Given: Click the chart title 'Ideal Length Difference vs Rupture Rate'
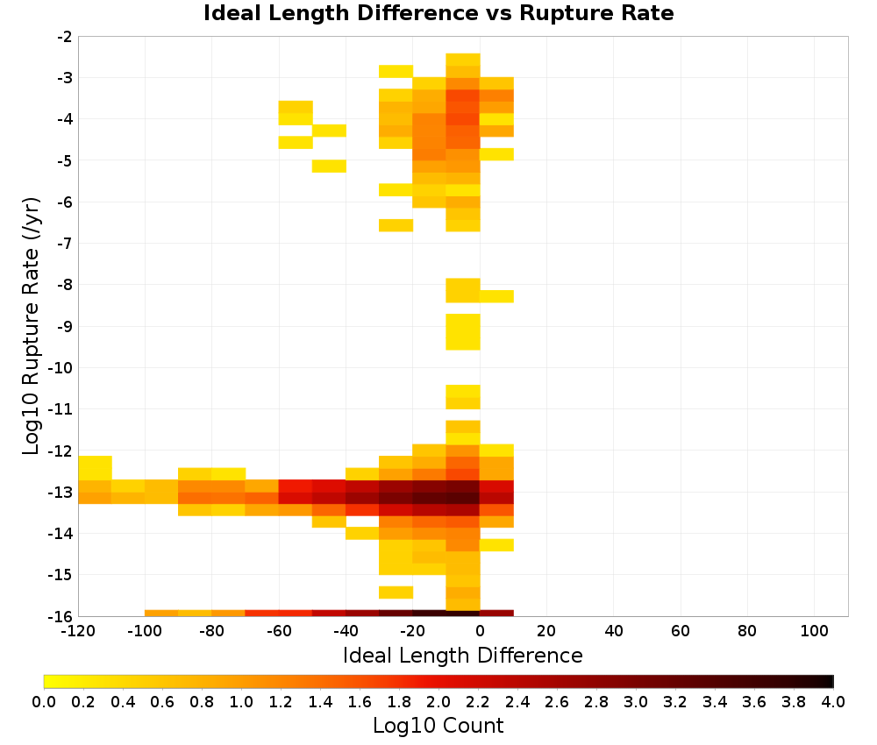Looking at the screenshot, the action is click(x=438, y=13).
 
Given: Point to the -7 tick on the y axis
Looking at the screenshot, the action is click(x=65, y=243).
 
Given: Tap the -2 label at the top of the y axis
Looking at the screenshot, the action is click(x=65, y=37).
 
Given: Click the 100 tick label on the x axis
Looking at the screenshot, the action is click(x=814, y=631).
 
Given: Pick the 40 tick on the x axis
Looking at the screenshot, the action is click(x=614, y=631).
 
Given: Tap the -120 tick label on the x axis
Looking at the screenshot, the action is click(x=78, y=631).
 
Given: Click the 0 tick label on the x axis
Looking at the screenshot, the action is click(x=480, y=631).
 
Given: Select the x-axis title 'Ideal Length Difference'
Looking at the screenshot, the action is click(x=463, y=655).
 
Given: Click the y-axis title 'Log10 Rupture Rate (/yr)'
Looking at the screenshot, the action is click(x=32, y=326).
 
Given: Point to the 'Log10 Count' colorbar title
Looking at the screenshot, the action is click(x=438, y=726).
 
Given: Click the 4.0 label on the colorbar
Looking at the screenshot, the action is click(x=833, y=701).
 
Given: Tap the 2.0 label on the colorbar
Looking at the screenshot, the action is click(x=438, y=701).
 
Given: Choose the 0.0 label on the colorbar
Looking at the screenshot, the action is click(x=44, y=701).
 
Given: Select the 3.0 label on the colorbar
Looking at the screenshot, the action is click(x=636, y=701).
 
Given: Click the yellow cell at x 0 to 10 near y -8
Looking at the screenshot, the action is click(x=496, y=296).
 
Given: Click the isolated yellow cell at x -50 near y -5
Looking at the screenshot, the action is click(x=329, y=166).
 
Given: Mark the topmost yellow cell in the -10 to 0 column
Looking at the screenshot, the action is click(x=463, y=60).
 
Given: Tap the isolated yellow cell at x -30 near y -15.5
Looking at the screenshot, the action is click(x=396, y=592).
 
